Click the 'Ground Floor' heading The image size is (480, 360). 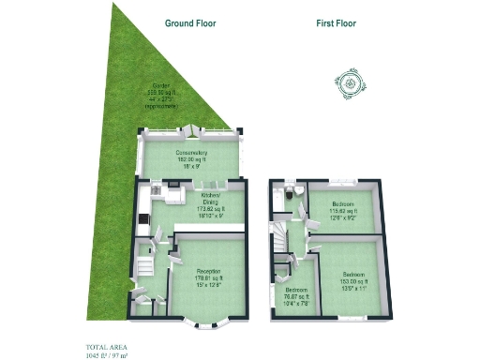pos(190,22)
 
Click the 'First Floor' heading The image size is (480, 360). pos(335,22)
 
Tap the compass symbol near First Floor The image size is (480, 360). pos(350,84)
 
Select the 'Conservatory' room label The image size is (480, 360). pos(190,153)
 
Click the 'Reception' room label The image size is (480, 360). pos(208,272)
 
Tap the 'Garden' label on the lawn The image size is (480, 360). pos(176,84)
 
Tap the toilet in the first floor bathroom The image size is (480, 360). pos(294,191)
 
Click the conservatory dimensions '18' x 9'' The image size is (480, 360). pos(190,166)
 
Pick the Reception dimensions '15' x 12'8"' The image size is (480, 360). pos(208,285)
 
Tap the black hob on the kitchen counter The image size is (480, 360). pos(142,221)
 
